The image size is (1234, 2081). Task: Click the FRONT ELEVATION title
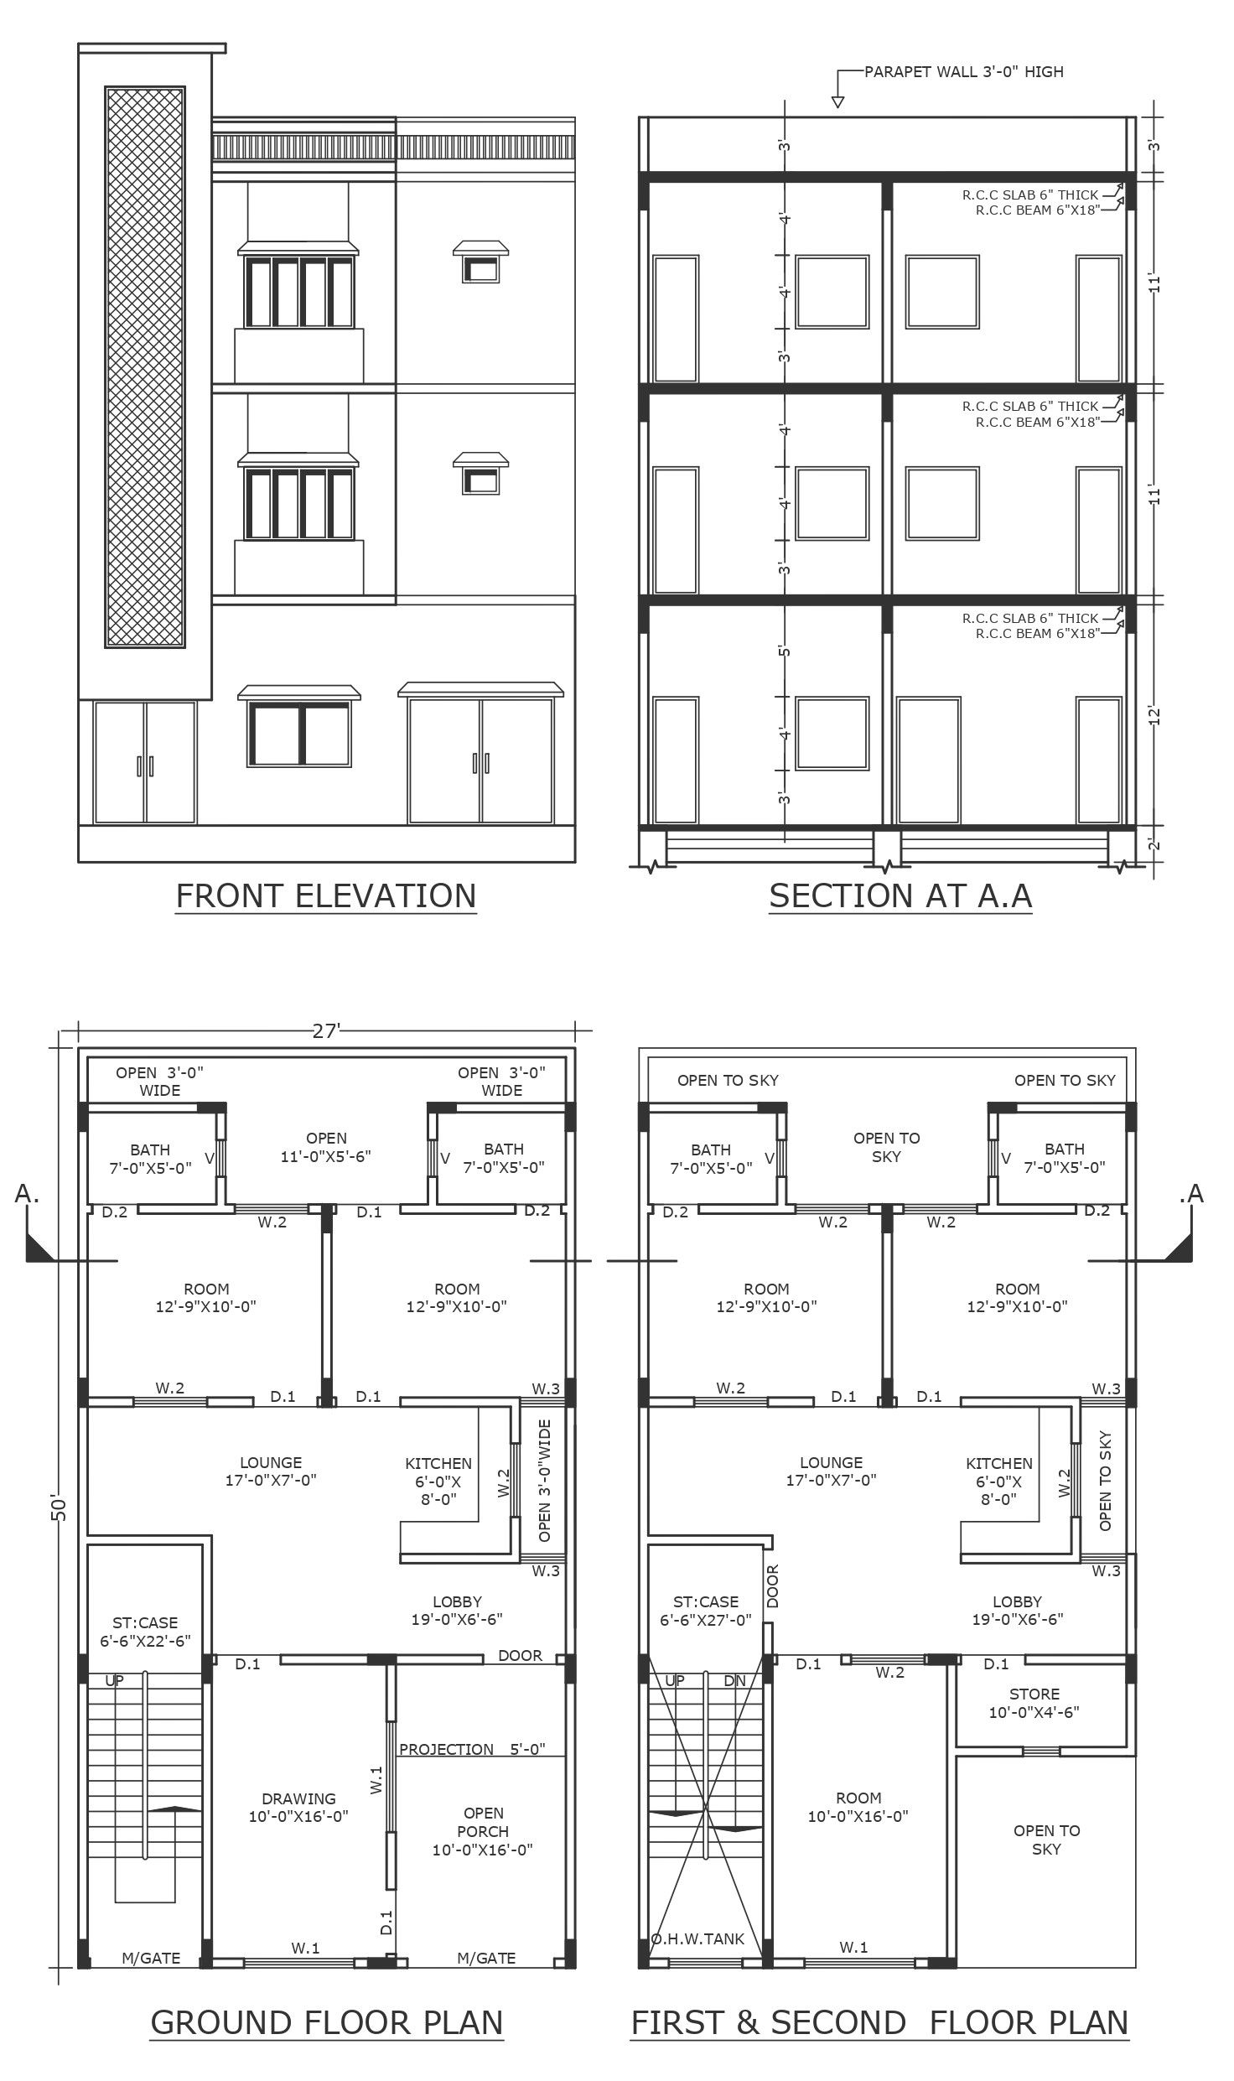(326, 895)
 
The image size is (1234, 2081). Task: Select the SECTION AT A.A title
(900, 895)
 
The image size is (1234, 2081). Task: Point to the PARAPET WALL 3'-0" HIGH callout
(964, 72)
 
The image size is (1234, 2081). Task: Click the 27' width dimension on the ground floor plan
(326, 1030)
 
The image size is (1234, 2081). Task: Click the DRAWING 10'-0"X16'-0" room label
(298, 1808)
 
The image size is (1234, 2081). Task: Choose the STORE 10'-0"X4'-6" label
(1034, 1703)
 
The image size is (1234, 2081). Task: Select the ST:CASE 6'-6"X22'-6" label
(145, 1632)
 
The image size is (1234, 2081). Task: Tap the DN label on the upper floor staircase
(734, 1680)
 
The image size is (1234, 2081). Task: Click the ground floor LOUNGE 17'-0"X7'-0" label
(271, 1471)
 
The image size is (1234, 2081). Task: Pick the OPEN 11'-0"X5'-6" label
(326, 1147)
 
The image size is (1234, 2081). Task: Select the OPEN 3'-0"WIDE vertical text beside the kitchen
(545, 1480)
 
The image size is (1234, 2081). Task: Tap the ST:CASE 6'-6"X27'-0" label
(706, 1611)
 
